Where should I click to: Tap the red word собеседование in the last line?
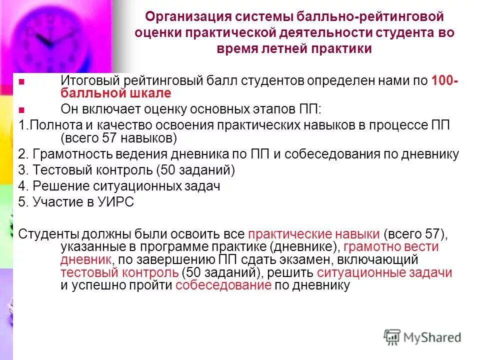pyautogui.click(x=223, y=285)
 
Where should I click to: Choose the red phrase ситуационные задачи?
pyautogui.click(x=384, y=272)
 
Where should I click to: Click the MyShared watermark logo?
pyautogui.click(x=422, y=337)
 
